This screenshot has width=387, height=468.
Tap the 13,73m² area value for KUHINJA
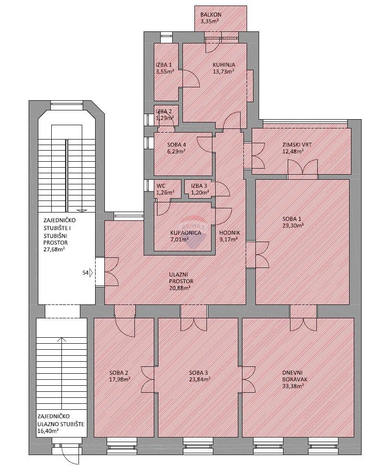click(223, 71)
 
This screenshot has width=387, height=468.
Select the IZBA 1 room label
click(163, 65)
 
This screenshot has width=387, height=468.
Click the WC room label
click(161, 186)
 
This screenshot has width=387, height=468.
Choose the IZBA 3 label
click(199, 186)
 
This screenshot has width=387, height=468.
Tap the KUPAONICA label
click(186, 233)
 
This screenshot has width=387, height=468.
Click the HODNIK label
click(230, 233)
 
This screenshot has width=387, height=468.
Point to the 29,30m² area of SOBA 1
click(293, 225)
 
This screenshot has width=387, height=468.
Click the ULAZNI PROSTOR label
click(181, 278)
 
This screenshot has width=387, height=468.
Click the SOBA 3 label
click(199, 373)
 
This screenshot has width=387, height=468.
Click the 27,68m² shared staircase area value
click(54, 249)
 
